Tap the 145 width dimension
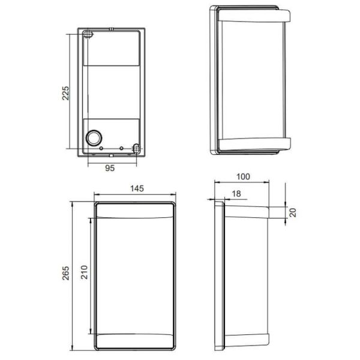(x=136, y=188)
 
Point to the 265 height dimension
(x=67, y=273)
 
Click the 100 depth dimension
(x=242, y=177)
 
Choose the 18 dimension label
(x=235, y=193)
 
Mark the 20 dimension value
(x=292, y=212)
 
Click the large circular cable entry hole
(x=94, y=137)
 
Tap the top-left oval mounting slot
(x=88, y=35)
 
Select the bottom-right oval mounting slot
(x=136, y=147)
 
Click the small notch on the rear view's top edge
(x=112, y=28)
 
